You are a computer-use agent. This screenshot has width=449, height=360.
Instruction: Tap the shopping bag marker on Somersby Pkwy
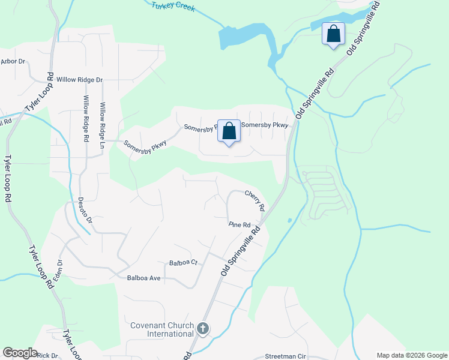point(229,132)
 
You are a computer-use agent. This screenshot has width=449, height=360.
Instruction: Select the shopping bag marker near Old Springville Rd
point(333,34)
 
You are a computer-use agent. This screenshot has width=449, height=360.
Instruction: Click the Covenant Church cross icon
point(203,329)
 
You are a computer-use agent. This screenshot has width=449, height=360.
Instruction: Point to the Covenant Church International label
point(161,329)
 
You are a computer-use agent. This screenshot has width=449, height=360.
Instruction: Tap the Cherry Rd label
point(255,200)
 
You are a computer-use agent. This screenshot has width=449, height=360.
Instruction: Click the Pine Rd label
point(239,224)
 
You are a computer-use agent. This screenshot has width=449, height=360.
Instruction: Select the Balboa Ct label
point(183,263)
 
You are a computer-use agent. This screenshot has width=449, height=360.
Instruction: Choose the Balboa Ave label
point(144,278)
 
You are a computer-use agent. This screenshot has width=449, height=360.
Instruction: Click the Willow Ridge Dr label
point(80,79)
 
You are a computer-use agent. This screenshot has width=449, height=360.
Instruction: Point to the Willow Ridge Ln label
point(103,125)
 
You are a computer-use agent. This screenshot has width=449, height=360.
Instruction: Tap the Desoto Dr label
point(85,211)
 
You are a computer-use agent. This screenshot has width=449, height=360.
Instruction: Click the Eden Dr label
point(60,269)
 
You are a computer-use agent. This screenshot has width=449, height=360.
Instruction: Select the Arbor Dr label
point(13,61)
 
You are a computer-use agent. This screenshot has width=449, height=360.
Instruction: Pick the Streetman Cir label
point(285,356)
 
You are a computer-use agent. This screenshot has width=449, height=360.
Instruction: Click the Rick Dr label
point(46,355)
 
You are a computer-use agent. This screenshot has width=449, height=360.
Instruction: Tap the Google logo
point(20,353)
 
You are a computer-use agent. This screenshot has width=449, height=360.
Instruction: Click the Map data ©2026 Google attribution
point(411,355)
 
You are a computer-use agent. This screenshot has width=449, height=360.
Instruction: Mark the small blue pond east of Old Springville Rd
point(290,220)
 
